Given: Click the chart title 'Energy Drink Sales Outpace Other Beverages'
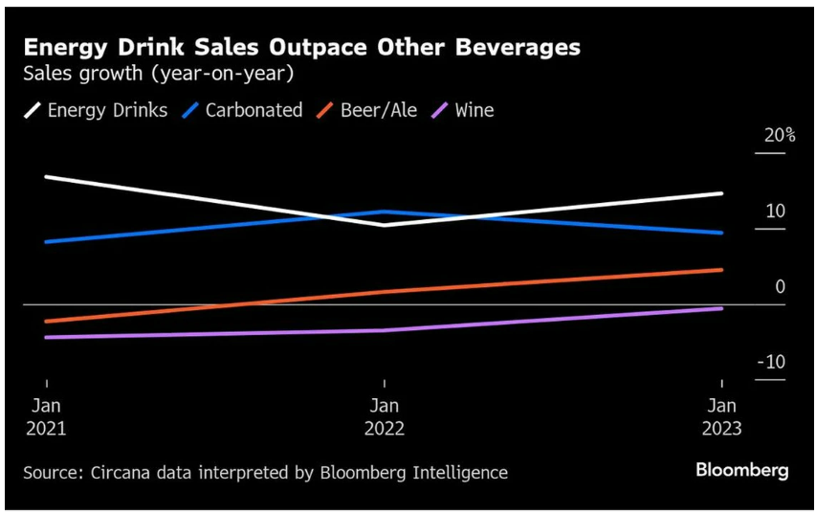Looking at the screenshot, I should click(x=301, y=47).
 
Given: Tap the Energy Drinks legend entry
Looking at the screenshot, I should click(x=96, y=110).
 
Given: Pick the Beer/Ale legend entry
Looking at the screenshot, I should click(x=366, y=110).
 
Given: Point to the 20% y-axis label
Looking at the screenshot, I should click(x=779, y=135).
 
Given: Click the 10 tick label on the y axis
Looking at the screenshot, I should click(x=774, y=211).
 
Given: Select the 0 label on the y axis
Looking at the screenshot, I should click(x=780, y=286).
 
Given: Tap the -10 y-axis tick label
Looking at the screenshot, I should click(x=773, y=362).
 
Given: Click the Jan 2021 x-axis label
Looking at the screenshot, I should click(x=46, y=416).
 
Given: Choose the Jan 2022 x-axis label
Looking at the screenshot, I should click(x=385, y=416).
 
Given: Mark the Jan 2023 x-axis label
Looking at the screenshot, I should click(x=722, y=416).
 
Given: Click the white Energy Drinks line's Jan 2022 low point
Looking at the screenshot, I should click(x=385, y=225).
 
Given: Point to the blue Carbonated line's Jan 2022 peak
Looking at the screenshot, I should click(x=385, y=212).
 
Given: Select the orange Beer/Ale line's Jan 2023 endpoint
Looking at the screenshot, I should click(x=722, y=270).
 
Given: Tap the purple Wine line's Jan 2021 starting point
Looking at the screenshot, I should click(x=46, y=337).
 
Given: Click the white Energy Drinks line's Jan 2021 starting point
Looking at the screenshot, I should click(x=46, y=177).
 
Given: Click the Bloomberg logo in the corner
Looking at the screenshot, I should click(x=741, y=470).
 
